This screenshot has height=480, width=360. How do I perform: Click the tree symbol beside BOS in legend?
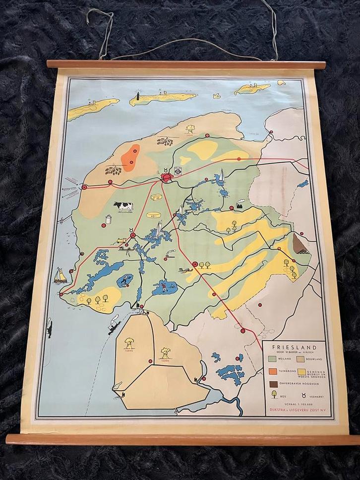coord(274,395)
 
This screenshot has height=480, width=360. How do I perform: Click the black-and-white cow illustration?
coord(123,206)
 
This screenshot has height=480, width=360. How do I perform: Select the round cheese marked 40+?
coord(152,215)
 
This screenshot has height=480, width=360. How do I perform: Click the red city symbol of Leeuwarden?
coord(167,177)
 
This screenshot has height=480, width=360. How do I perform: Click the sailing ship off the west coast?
coord(60,276)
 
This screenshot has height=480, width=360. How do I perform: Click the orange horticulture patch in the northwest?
coord(131,157)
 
